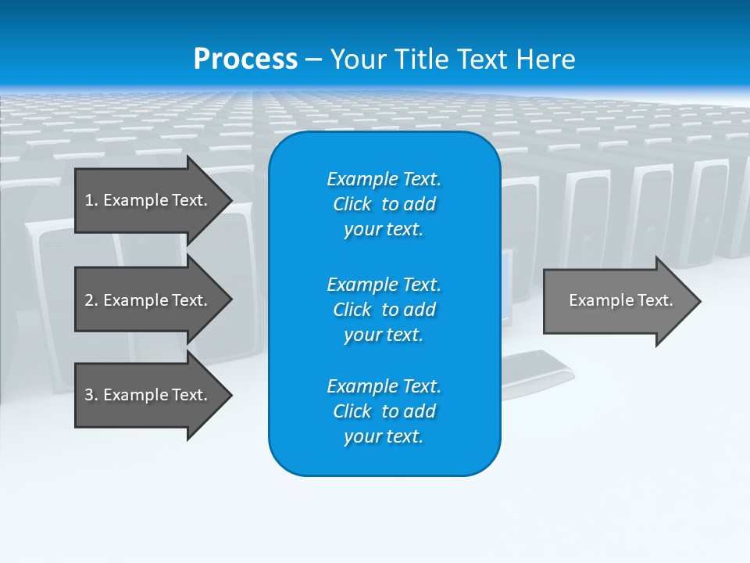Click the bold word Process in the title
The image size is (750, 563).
point(245,59)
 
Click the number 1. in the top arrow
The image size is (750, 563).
point(91,200)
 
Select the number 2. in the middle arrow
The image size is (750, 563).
point(91,300)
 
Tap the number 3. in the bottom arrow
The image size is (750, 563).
point(91,395)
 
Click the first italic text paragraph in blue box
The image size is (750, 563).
point(384,204)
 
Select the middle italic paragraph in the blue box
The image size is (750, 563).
point(384,310)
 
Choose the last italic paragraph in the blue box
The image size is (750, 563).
point(384,411)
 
